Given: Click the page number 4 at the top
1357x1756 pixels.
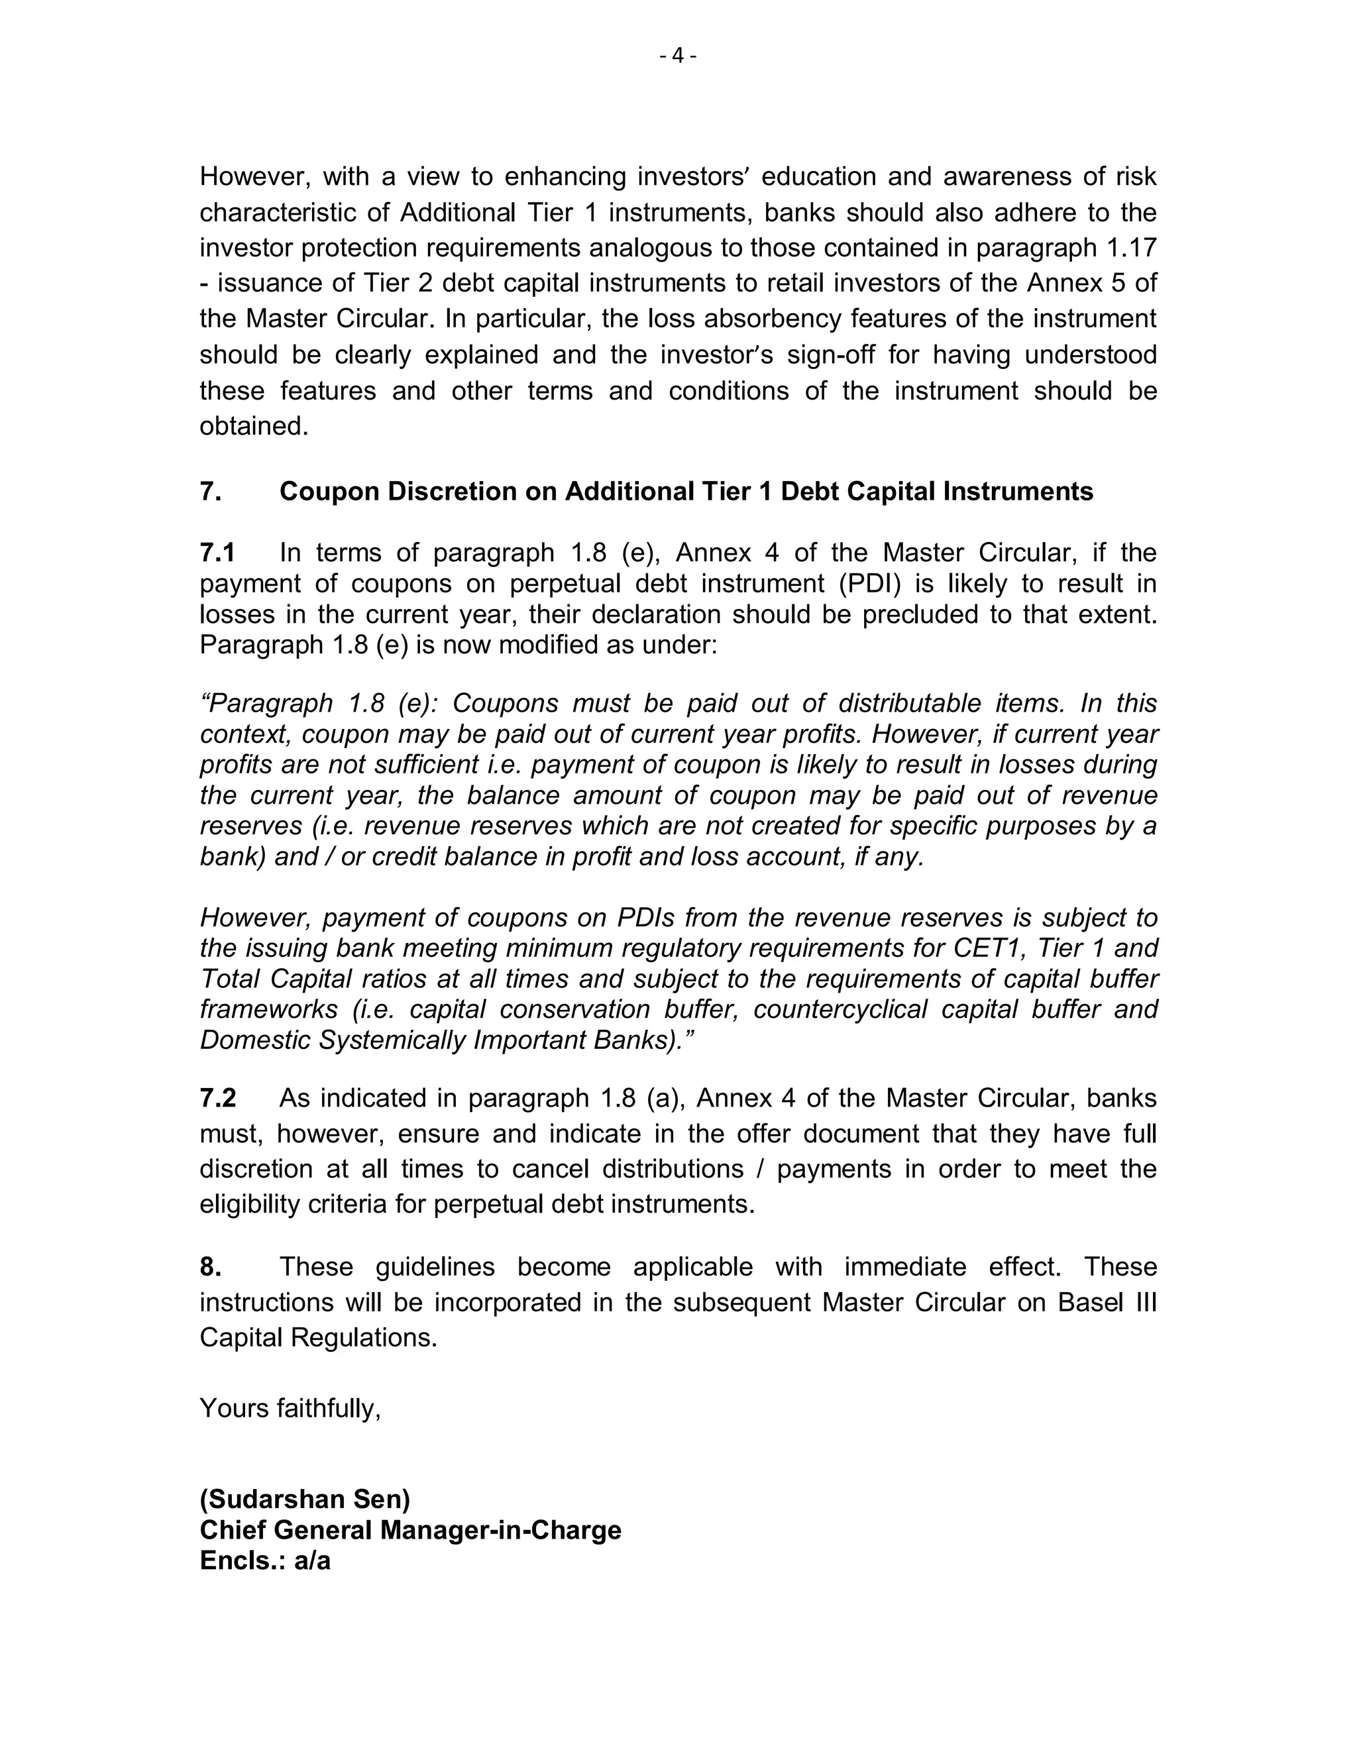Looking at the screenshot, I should [678, 56].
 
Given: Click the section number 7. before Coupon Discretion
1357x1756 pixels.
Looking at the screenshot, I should [211, 491].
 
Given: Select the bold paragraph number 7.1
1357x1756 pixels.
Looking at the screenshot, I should [217, 553].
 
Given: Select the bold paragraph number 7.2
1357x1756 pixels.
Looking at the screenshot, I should [218, 1097].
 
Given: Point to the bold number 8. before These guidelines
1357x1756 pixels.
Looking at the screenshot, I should [211, 1266].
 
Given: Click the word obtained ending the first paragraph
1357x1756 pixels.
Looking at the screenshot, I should [254, 425].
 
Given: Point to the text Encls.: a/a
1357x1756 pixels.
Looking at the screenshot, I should [265, 1561].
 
